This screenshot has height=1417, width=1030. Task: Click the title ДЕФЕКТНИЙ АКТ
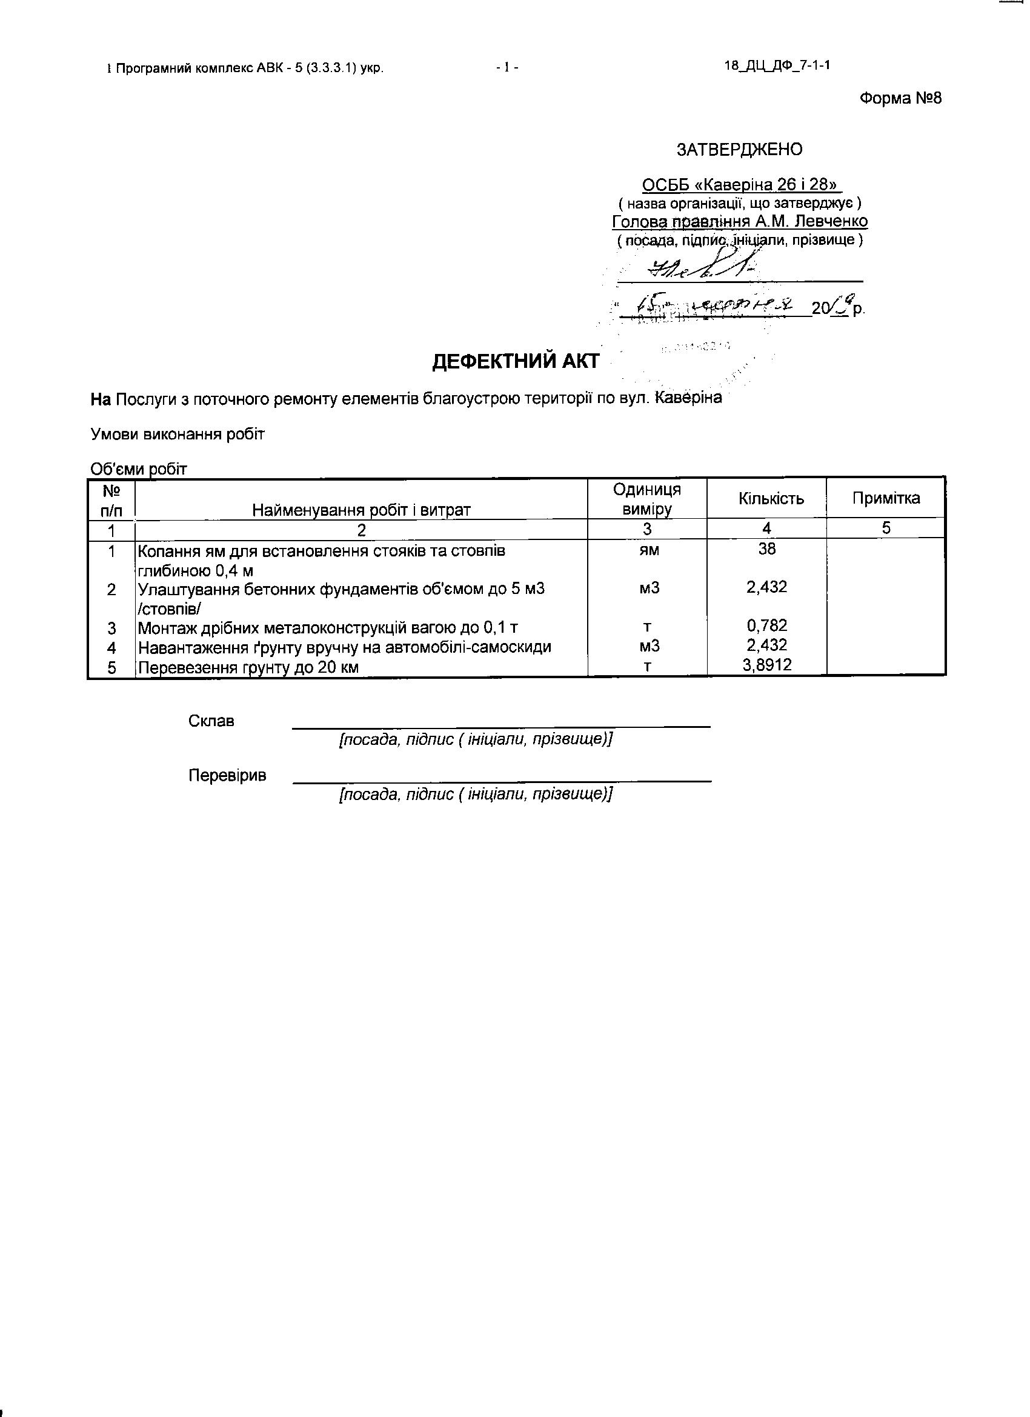click(x=516, y=362)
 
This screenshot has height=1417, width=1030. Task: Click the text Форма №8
click(x=900, y=98)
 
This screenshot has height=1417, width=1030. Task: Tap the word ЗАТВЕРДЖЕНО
click(x=740, y=149)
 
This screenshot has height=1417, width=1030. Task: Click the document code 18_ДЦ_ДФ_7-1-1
click(x=777, y=66)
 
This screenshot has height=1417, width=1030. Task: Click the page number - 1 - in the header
click(x=507, y=67)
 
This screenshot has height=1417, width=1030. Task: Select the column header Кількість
click(x=771, y=499)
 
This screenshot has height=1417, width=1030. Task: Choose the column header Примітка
click(x=886, y=498)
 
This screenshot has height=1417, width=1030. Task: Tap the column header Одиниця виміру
click(x=646, y=499)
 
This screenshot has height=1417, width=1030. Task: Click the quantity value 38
click(x=766, y=548)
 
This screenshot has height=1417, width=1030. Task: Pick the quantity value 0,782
click(x=766, y=625)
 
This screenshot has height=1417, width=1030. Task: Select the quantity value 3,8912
click(x=766, y=664)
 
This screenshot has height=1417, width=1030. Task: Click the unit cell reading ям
click(x=649, y=550)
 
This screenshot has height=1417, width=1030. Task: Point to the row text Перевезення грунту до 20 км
click(x=248, y=667)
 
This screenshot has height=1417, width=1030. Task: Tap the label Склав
click(x=211, y=721)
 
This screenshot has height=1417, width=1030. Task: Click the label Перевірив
click(x=227, y=775)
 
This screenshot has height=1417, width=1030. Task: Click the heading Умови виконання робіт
click(x=178, y=434)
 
